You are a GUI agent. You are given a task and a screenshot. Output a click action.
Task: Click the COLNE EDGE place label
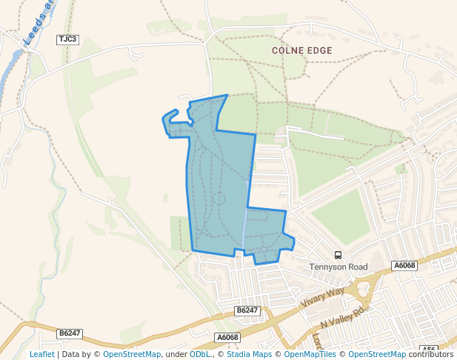coord(301,50)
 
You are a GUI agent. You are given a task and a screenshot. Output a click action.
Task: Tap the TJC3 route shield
coord(67,39)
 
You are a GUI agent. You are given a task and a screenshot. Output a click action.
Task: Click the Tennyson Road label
coord(338,267)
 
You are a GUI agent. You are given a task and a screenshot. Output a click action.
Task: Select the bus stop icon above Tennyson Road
coord(338,256)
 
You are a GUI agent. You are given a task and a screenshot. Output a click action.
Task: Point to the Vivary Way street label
coord(323,298)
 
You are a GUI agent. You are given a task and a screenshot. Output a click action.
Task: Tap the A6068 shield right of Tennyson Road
coord(405,266)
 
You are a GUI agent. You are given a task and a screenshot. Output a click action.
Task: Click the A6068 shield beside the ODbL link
coord(228,338)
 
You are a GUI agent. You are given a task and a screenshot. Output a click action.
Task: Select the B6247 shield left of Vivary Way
coord(247,310)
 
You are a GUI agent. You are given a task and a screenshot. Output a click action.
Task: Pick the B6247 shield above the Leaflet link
coord(69,334)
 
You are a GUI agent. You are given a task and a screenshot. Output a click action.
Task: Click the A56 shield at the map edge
coord(429,349)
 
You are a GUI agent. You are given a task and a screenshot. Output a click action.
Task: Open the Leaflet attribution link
coord(42,355)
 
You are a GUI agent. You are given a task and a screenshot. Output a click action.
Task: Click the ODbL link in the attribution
coord(199,355)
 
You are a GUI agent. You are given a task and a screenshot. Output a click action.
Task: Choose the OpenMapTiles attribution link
coord(311,355)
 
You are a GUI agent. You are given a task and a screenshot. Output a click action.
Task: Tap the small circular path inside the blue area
coord(219,198)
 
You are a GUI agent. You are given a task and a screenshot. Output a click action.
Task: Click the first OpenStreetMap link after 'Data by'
coord(132,355)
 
